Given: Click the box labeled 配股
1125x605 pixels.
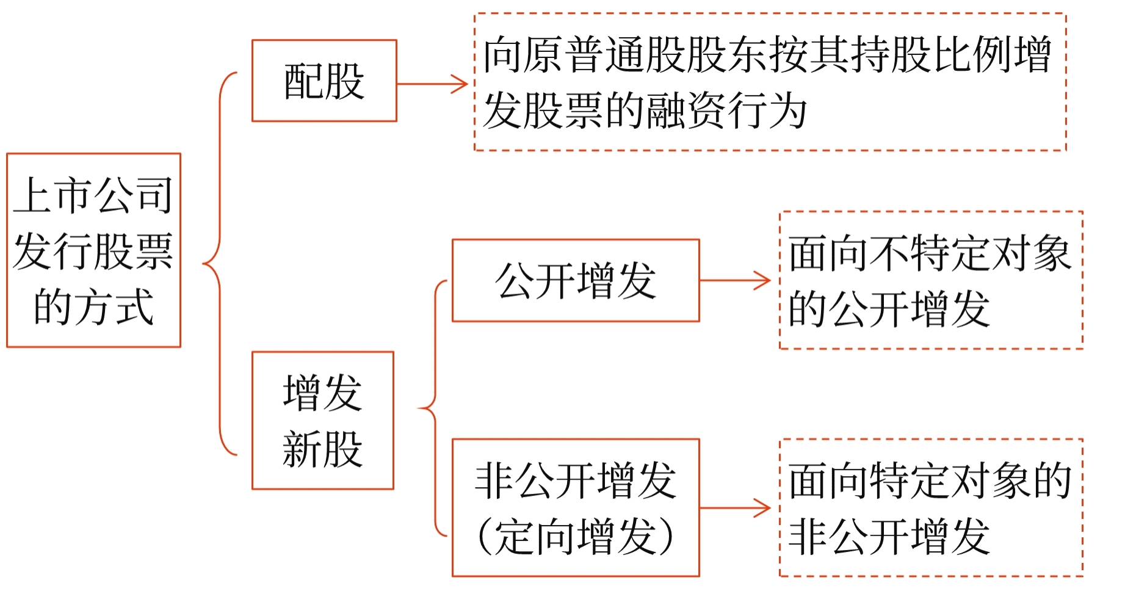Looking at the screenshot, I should [x=324, y=81].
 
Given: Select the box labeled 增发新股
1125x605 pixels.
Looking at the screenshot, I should [x=323, y=420].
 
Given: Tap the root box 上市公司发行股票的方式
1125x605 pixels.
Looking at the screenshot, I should [x=93, y=250].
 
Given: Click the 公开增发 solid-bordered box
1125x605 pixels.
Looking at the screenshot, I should [x=575, y=281].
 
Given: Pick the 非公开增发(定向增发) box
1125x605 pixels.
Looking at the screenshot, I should [x=575, y=507].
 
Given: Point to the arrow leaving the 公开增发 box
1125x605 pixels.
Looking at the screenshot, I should [x=735, y=281].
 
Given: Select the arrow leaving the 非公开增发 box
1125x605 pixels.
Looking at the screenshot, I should [x=735, y=507].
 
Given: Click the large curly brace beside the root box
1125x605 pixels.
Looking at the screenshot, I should [x=219, y=264].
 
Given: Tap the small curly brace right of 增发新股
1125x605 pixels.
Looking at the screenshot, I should [x=434, y=408].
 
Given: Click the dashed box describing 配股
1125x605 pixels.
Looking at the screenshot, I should [x=770, y=82].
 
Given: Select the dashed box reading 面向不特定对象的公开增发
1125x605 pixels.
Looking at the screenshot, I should [x=931, y=280].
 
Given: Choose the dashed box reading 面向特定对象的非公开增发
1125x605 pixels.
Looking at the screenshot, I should [x=931, y=507].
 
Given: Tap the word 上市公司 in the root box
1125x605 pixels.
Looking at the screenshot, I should [x=93, y=195].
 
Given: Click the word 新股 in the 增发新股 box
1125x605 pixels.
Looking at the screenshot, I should [x=323, y=449].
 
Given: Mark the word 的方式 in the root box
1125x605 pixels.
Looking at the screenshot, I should [x=93, y=306].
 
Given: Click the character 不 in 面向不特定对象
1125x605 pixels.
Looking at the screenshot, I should [x=889, y=253].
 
